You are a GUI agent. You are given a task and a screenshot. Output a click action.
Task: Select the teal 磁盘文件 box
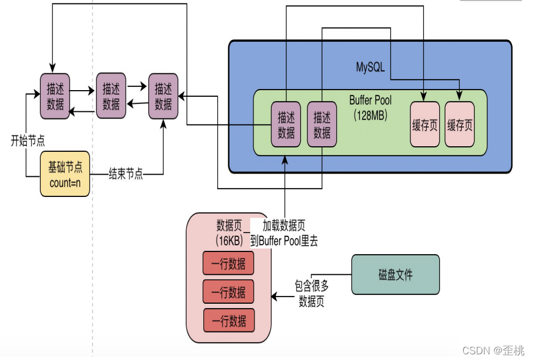395,274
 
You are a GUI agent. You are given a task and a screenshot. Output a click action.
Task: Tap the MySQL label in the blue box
371,67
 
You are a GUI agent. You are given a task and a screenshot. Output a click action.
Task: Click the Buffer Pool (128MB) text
370,107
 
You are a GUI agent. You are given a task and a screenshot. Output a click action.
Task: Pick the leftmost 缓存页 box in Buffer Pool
424,125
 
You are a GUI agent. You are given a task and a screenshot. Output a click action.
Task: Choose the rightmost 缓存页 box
459,125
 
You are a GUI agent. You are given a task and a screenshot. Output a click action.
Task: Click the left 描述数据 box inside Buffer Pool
286,125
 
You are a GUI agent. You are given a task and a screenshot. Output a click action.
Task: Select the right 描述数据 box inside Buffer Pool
322,125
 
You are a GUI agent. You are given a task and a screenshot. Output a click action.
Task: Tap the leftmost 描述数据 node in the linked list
55,96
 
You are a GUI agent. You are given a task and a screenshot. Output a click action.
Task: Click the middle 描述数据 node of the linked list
111,96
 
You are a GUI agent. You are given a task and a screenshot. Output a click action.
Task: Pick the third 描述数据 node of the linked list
163,96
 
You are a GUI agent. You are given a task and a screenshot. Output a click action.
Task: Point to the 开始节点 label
28,140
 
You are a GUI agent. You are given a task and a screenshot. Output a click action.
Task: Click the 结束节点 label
125,175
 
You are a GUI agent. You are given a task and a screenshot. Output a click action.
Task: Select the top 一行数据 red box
228,263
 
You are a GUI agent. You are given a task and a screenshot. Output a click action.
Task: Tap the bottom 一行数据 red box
228,321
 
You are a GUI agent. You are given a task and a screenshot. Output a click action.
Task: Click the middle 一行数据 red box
228,291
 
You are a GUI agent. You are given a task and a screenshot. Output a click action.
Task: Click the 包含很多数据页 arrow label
312,294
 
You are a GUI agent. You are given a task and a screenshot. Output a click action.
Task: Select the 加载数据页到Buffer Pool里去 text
284,233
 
